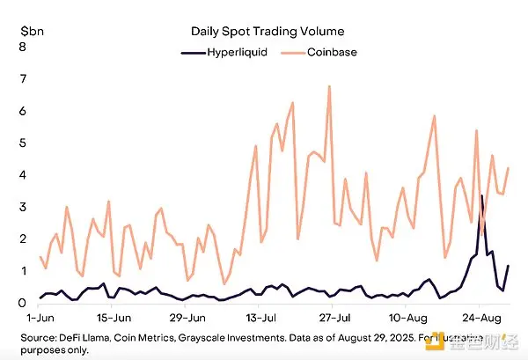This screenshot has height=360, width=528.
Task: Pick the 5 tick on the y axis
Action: pyautogui.click(x=21, y=143)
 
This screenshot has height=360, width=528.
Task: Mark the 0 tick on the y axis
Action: pyautogui.click(x=21, y=303)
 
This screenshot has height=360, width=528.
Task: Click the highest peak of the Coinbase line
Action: pyautogui.click(x=329, y=86)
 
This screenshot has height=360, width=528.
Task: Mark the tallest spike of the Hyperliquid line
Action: pyautogui.click(x=481, y=195)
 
